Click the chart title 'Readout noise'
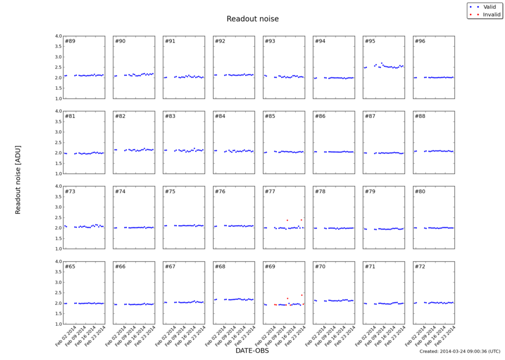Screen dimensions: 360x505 click(252, 19)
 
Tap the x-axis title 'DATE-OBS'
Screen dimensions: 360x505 click(252, 350)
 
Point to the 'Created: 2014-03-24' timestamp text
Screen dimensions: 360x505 click(460, 352)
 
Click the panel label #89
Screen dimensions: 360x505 click(70, 41)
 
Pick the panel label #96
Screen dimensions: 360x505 click(420, 41)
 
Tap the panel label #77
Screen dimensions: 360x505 click(270, 192)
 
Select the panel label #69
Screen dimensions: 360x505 click(270, 266)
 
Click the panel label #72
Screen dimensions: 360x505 click(420, 266)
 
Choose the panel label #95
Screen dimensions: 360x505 click(370, 41)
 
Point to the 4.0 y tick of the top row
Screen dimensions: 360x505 click(56, 36)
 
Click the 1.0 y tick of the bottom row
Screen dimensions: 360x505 click(56, 324)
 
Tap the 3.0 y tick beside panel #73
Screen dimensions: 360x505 click(56, 207)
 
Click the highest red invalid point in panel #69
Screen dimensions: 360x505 click(301, 295)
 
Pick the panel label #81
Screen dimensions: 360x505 click(70, 116)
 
